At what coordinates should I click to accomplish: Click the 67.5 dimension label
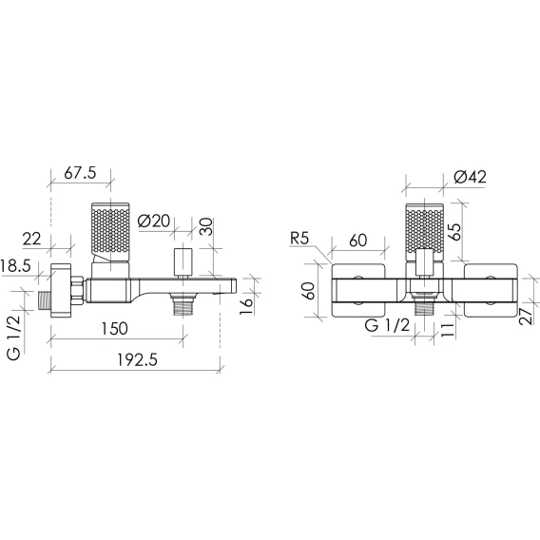pos(80,173)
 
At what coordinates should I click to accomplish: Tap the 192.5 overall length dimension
pos(137,360)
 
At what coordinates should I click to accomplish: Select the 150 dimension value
pos(115,329)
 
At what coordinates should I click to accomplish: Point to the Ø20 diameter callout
pos(154,221)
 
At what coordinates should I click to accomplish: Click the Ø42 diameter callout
pos(470,177)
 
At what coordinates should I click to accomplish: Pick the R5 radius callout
pos(299,239)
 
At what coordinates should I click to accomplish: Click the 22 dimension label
pos(31,239)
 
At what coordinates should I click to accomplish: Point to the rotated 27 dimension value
pos(527,317)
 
